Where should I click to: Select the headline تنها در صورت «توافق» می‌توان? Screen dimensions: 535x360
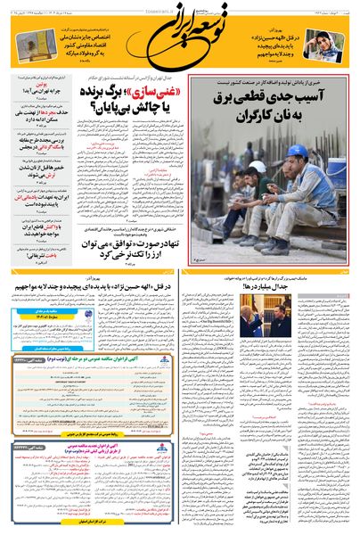tap(135, 243)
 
